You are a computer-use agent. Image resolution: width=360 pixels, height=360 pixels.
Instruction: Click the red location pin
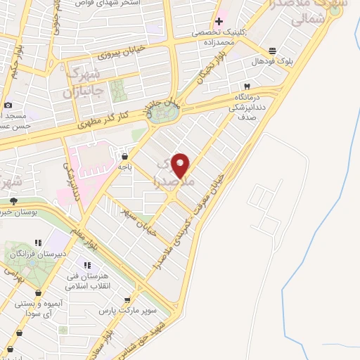pos(181,166)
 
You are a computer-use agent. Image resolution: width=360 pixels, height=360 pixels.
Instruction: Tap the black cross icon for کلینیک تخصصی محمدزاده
pos(219,20)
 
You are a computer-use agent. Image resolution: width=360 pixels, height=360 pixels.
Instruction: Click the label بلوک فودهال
pos(271,62)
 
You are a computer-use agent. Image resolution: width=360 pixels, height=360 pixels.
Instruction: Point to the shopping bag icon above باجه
pos(124,156)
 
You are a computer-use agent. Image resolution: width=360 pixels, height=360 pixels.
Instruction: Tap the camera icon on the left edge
pos(8,105)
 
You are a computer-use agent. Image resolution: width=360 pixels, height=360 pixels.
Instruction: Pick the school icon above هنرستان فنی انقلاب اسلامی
pos(86,265)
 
